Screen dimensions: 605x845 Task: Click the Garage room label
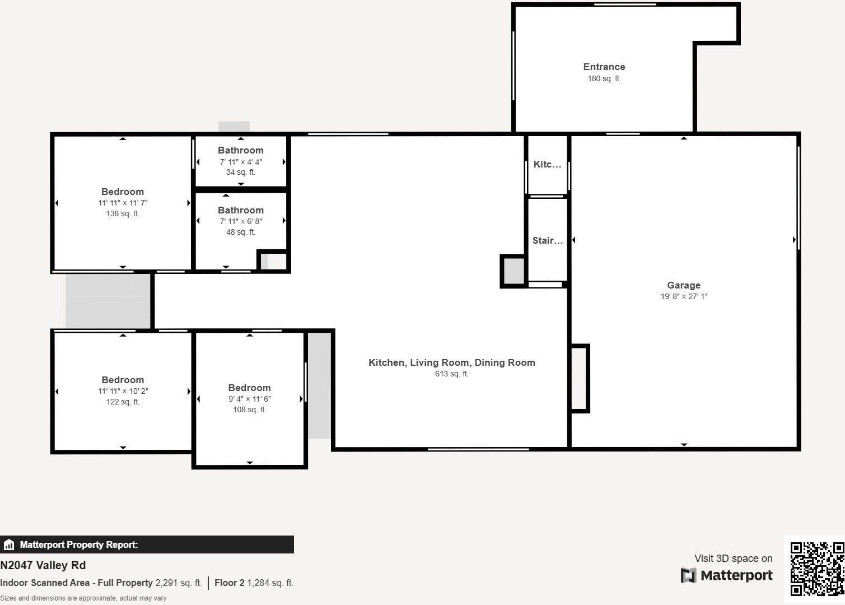pyautogui.click(x=683, y=285)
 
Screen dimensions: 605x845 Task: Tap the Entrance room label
pyautogui.click(x=604, y=67)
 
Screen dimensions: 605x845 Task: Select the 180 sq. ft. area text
pyautogui.click(x=604, y=79)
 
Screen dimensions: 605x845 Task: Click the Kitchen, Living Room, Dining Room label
pyautogui.click(x=451, y=362)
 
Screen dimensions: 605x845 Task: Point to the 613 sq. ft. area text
pyautogui.click(x=451, y=374)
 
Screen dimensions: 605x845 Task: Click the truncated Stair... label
pyautogui.click(x=547, y=240)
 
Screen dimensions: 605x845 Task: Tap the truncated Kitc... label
pyautogui.click(x=547, y=164)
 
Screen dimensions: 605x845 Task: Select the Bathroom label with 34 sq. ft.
pyautogui.click(x=240, y=150)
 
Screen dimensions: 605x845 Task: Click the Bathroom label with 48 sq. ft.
pyautogui.click(x=240, y=210)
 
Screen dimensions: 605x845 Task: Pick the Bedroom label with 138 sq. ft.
pyautogui.click(x=122, y=192)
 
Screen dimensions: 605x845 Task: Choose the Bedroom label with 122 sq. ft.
pyautogui.click(x=122, y=380)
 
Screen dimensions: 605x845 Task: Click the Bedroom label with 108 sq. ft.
pyautogui.click(x=249, y=388)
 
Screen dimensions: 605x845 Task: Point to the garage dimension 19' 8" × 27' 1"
pyautogui.click(x=683, y=296)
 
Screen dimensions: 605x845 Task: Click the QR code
pyautogui.click(x=816, y=568)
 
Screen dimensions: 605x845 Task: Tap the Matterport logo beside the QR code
pyautogui.click(x=726, y=575)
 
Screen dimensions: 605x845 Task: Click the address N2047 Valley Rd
pyautogui.click(x=43, y=565)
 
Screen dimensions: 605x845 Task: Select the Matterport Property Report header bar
pyautogui.click(x=147, y=544)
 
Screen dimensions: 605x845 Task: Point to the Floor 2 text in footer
pyautogui.click(x=229, y=583)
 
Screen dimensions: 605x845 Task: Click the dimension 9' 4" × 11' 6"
pyautogui.click(x=249, y=399)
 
